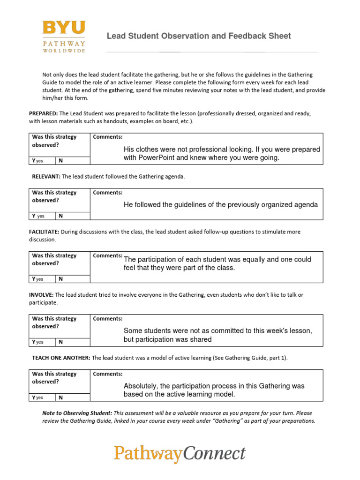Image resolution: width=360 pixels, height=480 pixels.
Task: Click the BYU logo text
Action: click(x=64, y=28)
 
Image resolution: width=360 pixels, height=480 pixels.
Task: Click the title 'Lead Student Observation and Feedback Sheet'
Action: click(x=199, y=36)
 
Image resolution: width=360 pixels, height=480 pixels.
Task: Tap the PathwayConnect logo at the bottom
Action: click(x=180, y=453)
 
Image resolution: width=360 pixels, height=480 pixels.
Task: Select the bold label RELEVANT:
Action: click(x=46, y=177)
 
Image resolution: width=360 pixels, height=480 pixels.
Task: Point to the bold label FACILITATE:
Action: click(x=44, y=232)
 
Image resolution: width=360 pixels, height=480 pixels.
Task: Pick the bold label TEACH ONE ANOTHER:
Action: click(x=61, y=358)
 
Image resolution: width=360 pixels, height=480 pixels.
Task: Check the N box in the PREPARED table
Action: click(x=72, y=161)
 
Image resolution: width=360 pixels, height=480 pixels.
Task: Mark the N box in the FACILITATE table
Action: click(x=72, y=279)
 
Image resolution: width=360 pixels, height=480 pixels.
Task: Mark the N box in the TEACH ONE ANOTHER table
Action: click(x=72, y=397)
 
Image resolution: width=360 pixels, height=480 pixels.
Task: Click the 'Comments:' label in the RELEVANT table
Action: click(x=108, y=193)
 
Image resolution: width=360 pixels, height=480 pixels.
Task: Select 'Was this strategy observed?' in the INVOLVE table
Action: click(x=54, y=322)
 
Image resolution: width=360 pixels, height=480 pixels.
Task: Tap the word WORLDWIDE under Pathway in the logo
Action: click(x=64, y=51)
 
